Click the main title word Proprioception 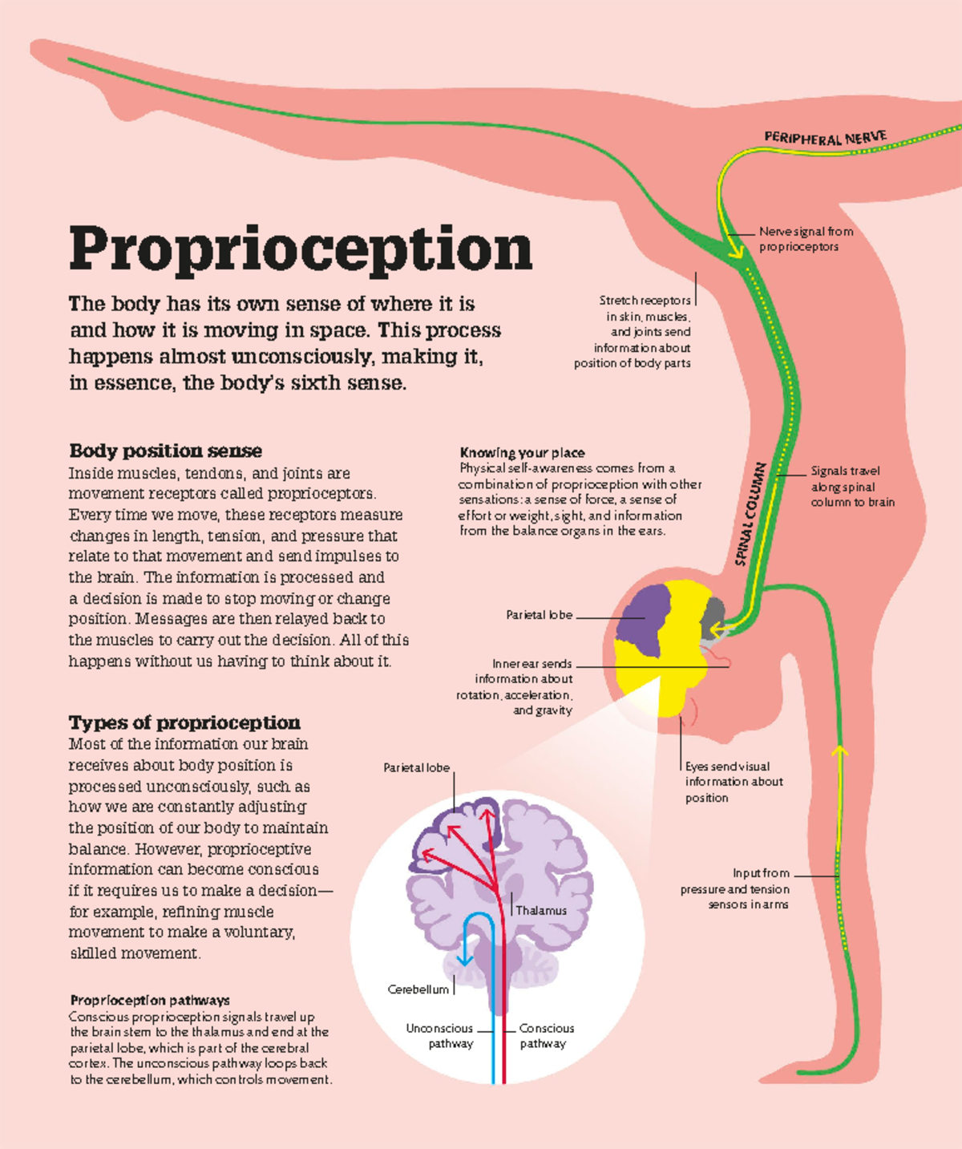click(301, 249)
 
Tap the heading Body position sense click(165, 451)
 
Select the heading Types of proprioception click(184, 722)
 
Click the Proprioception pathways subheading click(150, 1000)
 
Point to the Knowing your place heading click(522, 452)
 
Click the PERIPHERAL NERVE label click(825, 138)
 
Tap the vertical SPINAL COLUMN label click(751, 514)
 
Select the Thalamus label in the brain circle click(540, 910)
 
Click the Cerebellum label click(418, 989)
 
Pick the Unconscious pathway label click(440, 1035)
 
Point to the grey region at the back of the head click(713, 613)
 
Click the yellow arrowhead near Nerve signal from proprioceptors click(735, 251)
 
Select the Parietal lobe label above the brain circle click(416, 767)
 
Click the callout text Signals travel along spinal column click(852, 486)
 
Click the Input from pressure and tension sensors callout click(735, 888)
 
